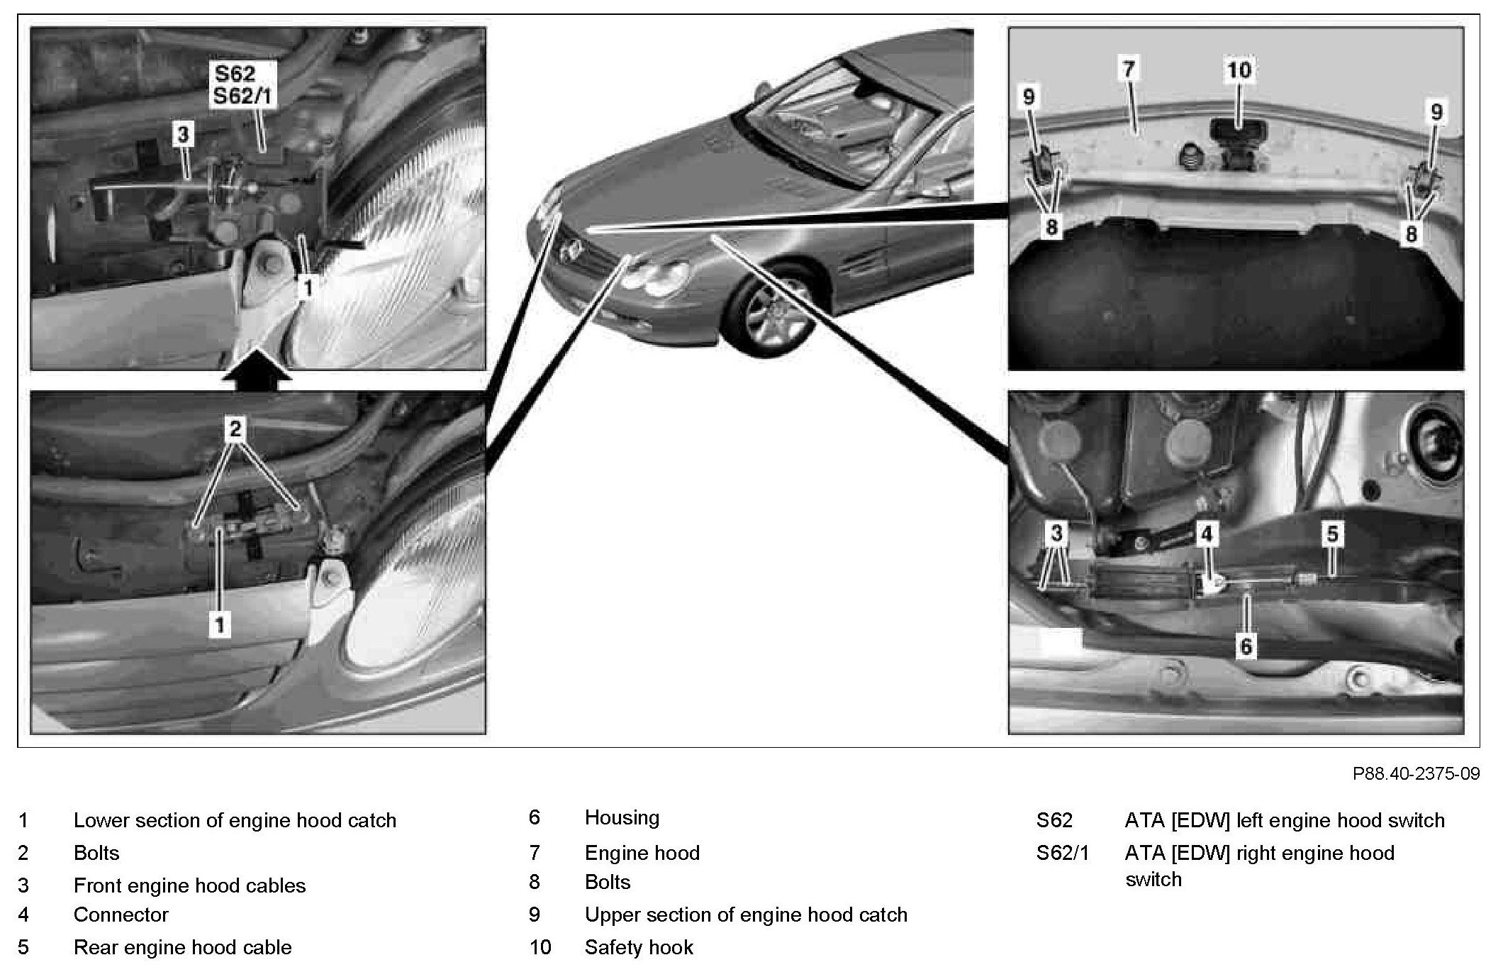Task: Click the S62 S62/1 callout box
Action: [x=244, y=84]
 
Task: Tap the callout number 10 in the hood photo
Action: [x=1239, y=70]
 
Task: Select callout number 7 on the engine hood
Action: [x=1129, y=70]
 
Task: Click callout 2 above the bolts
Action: [x=235, y=429]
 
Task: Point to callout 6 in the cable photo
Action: [x=1246, y=645]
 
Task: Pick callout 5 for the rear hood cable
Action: [x=1332, y=534]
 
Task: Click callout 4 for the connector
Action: [x=1207, y=534]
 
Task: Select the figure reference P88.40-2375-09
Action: [x=1416, y=773]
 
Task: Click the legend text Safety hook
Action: [x=639, y=947]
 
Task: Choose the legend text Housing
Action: [x=622, y=818]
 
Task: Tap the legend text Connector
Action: [x=121, y=915]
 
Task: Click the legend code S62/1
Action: [x=1062, y=852]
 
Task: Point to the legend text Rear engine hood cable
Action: [x=182, y=947]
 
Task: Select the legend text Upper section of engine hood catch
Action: [x=746, y=915]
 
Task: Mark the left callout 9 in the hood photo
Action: [x=1029, y=96]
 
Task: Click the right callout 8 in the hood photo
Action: [x=1411, y=233]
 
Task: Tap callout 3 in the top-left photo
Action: [x=183, y=133]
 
